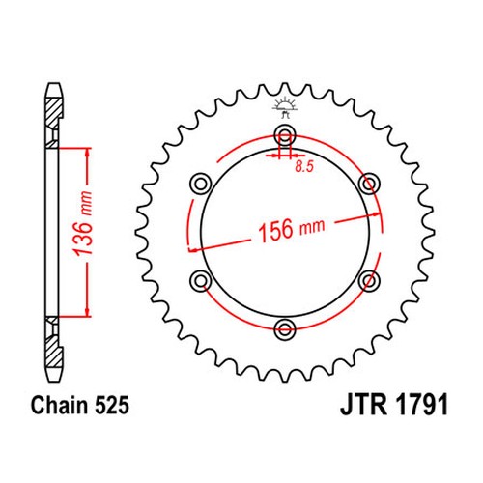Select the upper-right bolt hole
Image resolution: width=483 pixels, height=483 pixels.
point(366,182)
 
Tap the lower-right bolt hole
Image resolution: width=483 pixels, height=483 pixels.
point(366,278)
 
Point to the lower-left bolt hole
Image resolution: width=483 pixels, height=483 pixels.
point(201,278)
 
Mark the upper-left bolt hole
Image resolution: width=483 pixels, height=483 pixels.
point(201,182)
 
